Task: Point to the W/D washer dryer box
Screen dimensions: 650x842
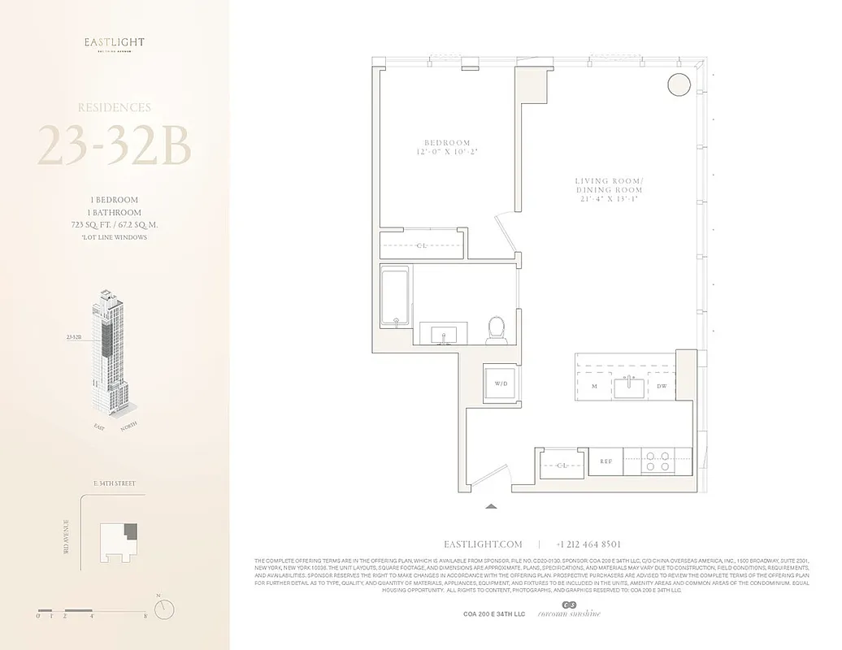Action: coord(501,383)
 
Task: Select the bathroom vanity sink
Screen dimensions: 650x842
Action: coord(443,334)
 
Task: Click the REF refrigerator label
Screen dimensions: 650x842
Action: coord(605,461)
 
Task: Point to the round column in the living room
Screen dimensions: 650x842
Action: coord(677,84)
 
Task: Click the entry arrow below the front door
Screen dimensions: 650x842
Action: coord(490,506)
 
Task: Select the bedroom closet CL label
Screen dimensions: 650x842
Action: coord(422,245)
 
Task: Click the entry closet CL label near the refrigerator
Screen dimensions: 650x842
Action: coord(561,466)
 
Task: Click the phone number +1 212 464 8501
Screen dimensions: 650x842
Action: coord(588,544)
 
